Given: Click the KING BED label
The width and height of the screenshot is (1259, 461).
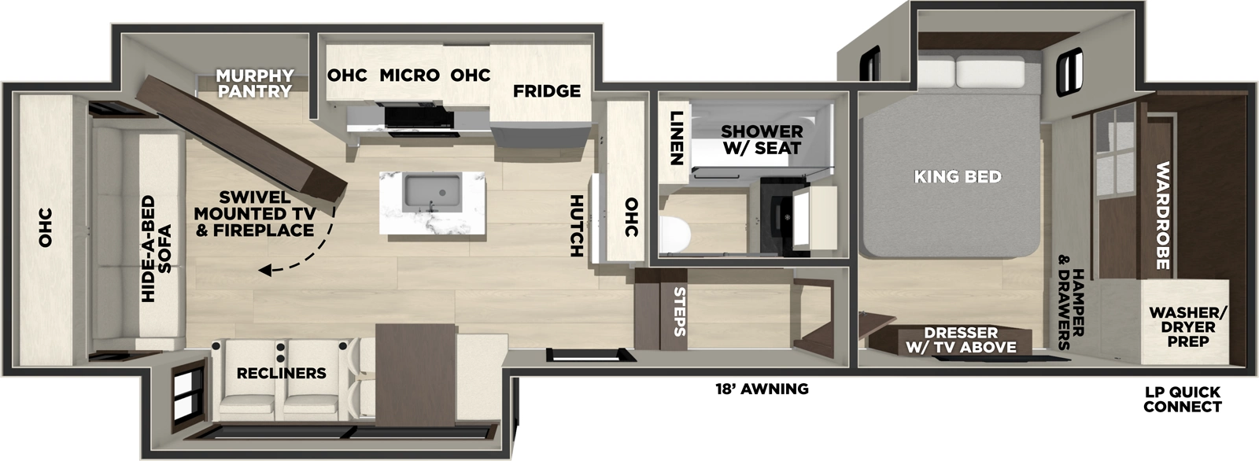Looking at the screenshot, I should pos(958,176).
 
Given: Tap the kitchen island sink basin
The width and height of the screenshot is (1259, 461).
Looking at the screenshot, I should pos(431,191).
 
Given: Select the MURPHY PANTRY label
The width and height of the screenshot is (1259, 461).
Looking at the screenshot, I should pos(255,83).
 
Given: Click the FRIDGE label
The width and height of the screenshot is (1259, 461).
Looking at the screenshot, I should pos(547,91).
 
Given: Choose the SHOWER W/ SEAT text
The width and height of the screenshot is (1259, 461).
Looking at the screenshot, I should pos(762,139).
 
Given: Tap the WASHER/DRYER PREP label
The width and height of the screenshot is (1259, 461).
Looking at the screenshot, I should pos(1187,326).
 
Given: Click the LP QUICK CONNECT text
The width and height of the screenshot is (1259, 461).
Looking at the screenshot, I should pos(1182,399).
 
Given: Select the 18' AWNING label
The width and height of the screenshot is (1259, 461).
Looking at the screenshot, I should pos(762,389).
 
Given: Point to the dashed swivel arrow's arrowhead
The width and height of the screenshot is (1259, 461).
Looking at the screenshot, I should pos(266,271).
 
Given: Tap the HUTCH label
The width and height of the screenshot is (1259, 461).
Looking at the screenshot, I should pos(576,227).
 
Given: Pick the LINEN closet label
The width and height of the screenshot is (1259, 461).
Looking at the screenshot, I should pos(675,138).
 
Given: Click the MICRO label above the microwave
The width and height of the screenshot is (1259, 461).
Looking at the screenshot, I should pos(409,76).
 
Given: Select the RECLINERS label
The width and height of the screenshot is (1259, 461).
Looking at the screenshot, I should pos(281,373).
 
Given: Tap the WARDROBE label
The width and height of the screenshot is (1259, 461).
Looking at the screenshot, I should pos(1162,216).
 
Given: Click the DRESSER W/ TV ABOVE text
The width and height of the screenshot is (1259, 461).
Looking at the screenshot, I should pos(960,340).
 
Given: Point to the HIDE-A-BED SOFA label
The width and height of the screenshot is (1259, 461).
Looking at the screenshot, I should pos(156,249).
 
